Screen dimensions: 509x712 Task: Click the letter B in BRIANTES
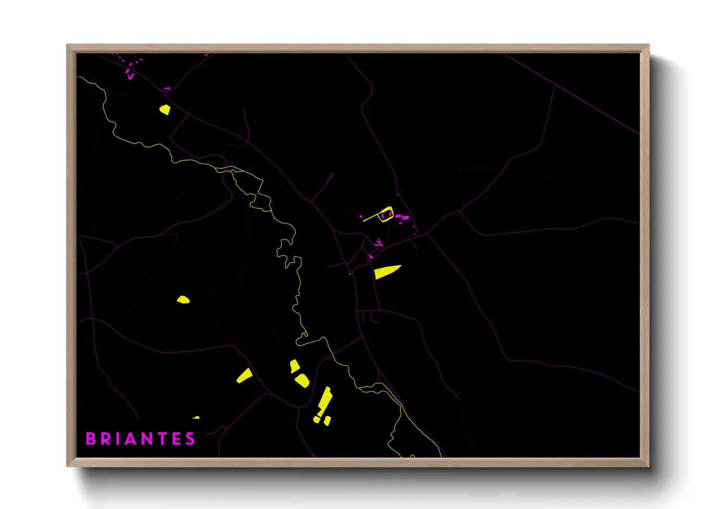click(90, 439)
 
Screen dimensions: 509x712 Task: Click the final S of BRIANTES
click(191, 439)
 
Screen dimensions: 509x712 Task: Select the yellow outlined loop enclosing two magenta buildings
click(386, 214)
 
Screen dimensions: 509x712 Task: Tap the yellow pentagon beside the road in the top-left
click(165, 110)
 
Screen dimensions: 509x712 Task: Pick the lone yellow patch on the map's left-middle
click(183, 300)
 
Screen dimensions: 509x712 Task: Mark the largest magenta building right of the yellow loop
click(405, 217)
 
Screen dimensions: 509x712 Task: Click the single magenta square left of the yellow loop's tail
click(361, 217)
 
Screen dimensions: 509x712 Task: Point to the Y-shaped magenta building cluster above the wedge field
click(379, 243)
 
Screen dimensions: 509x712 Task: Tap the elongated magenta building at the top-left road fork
click(166, 89)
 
